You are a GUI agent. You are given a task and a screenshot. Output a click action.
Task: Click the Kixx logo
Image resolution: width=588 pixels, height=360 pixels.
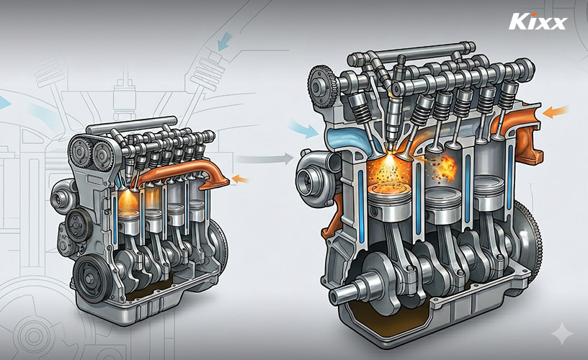(538, 22)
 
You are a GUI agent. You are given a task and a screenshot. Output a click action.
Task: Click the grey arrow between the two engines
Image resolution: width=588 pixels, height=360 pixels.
(265, 158)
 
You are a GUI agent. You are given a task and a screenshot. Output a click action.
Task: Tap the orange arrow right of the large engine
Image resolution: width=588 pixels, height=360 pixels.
(556, 112)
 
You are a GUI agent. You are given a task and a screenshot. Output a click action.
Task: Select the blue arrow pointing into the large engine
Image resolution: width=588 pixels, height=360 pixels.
(304, 129)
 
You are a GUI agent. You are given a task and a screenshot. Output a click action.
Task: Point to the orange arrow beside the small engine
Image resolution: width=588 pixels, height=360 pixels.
(241, 179)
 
